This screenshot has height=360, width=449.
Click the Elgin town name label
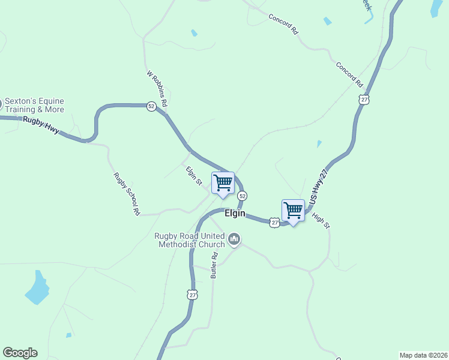pyautogui.click(x=235, y=213)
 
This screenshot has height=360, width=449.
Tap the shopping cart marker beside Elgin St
pyautogui.click(x=223, y=183)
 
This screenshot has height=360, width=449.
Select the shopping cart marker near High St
pyautogui.click(x=293, y=211)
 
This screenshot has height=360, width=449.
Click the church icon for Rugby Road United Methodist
pyautogui.click(x=234, y=240)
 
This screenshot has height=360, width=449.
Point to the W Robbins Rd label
pyautogui.click(x=157, y=89)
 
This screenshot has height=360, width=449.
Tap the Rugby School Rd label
pyautogui.click(x=127, y=193)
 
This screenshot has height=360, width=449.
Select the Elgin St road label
pyautogui.click(x=193, y=176)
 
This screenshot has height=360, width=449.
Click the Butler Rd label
pyautogui.click(x=214, y=265)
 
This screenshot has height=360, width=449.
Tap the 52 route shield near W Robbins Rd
pyautogui.click(x=151, y=106)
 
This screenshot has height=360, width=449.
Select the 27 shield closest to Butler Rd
pyautogui.click(x=192, y=294)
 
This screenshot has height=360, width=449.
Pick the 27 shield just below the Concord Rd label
pyautogui.click(x=364, y=100)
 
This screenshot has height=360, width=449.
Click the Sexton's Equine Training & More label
pyautogui.click(x=34, y=106)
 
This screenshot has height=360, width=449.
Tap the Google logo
pyautogui.click(x=20, y=353)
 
